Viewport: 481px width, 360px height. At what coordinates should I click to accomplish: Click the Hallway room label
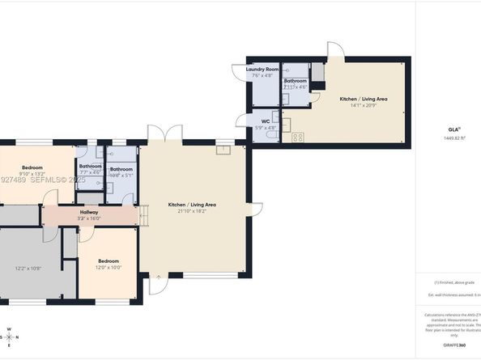tap(89, 212)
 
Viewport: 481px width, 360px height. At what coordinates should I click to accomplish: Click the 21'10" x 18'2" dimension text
tap(191, 210)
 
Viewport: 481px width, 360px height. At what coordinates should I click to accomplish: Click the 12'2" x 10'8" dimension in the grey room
tap(28, 268)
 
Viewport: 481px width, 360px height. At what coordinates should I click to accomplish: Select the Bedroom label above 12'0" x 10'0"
tap(109, 261)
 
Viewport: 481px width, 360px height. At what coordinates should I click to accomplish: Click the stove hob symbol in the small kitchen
tap(297, 136)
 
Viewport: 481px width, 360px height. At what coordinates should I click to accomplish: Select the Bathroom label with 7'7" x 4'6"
tap(90, 166)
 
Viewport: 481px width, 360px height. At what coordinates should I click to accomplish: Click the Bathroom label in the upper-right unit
tap(296, 80)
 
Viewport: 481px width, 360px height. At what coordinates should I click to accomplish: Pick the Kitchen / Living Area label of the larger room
tap(191, 205)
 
